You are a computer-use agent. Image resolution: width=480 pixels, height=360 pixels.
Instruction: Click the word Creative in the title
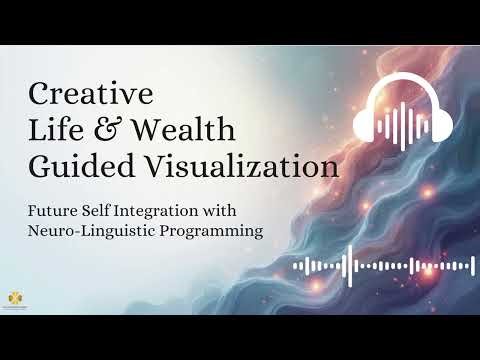point(92,94)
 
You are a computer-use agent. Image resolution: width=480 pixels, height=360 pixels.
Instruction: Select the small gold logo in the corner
point(14,298)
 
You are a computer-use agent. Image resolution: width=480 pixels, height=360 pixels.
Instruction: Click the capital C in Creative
point(42,94)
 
